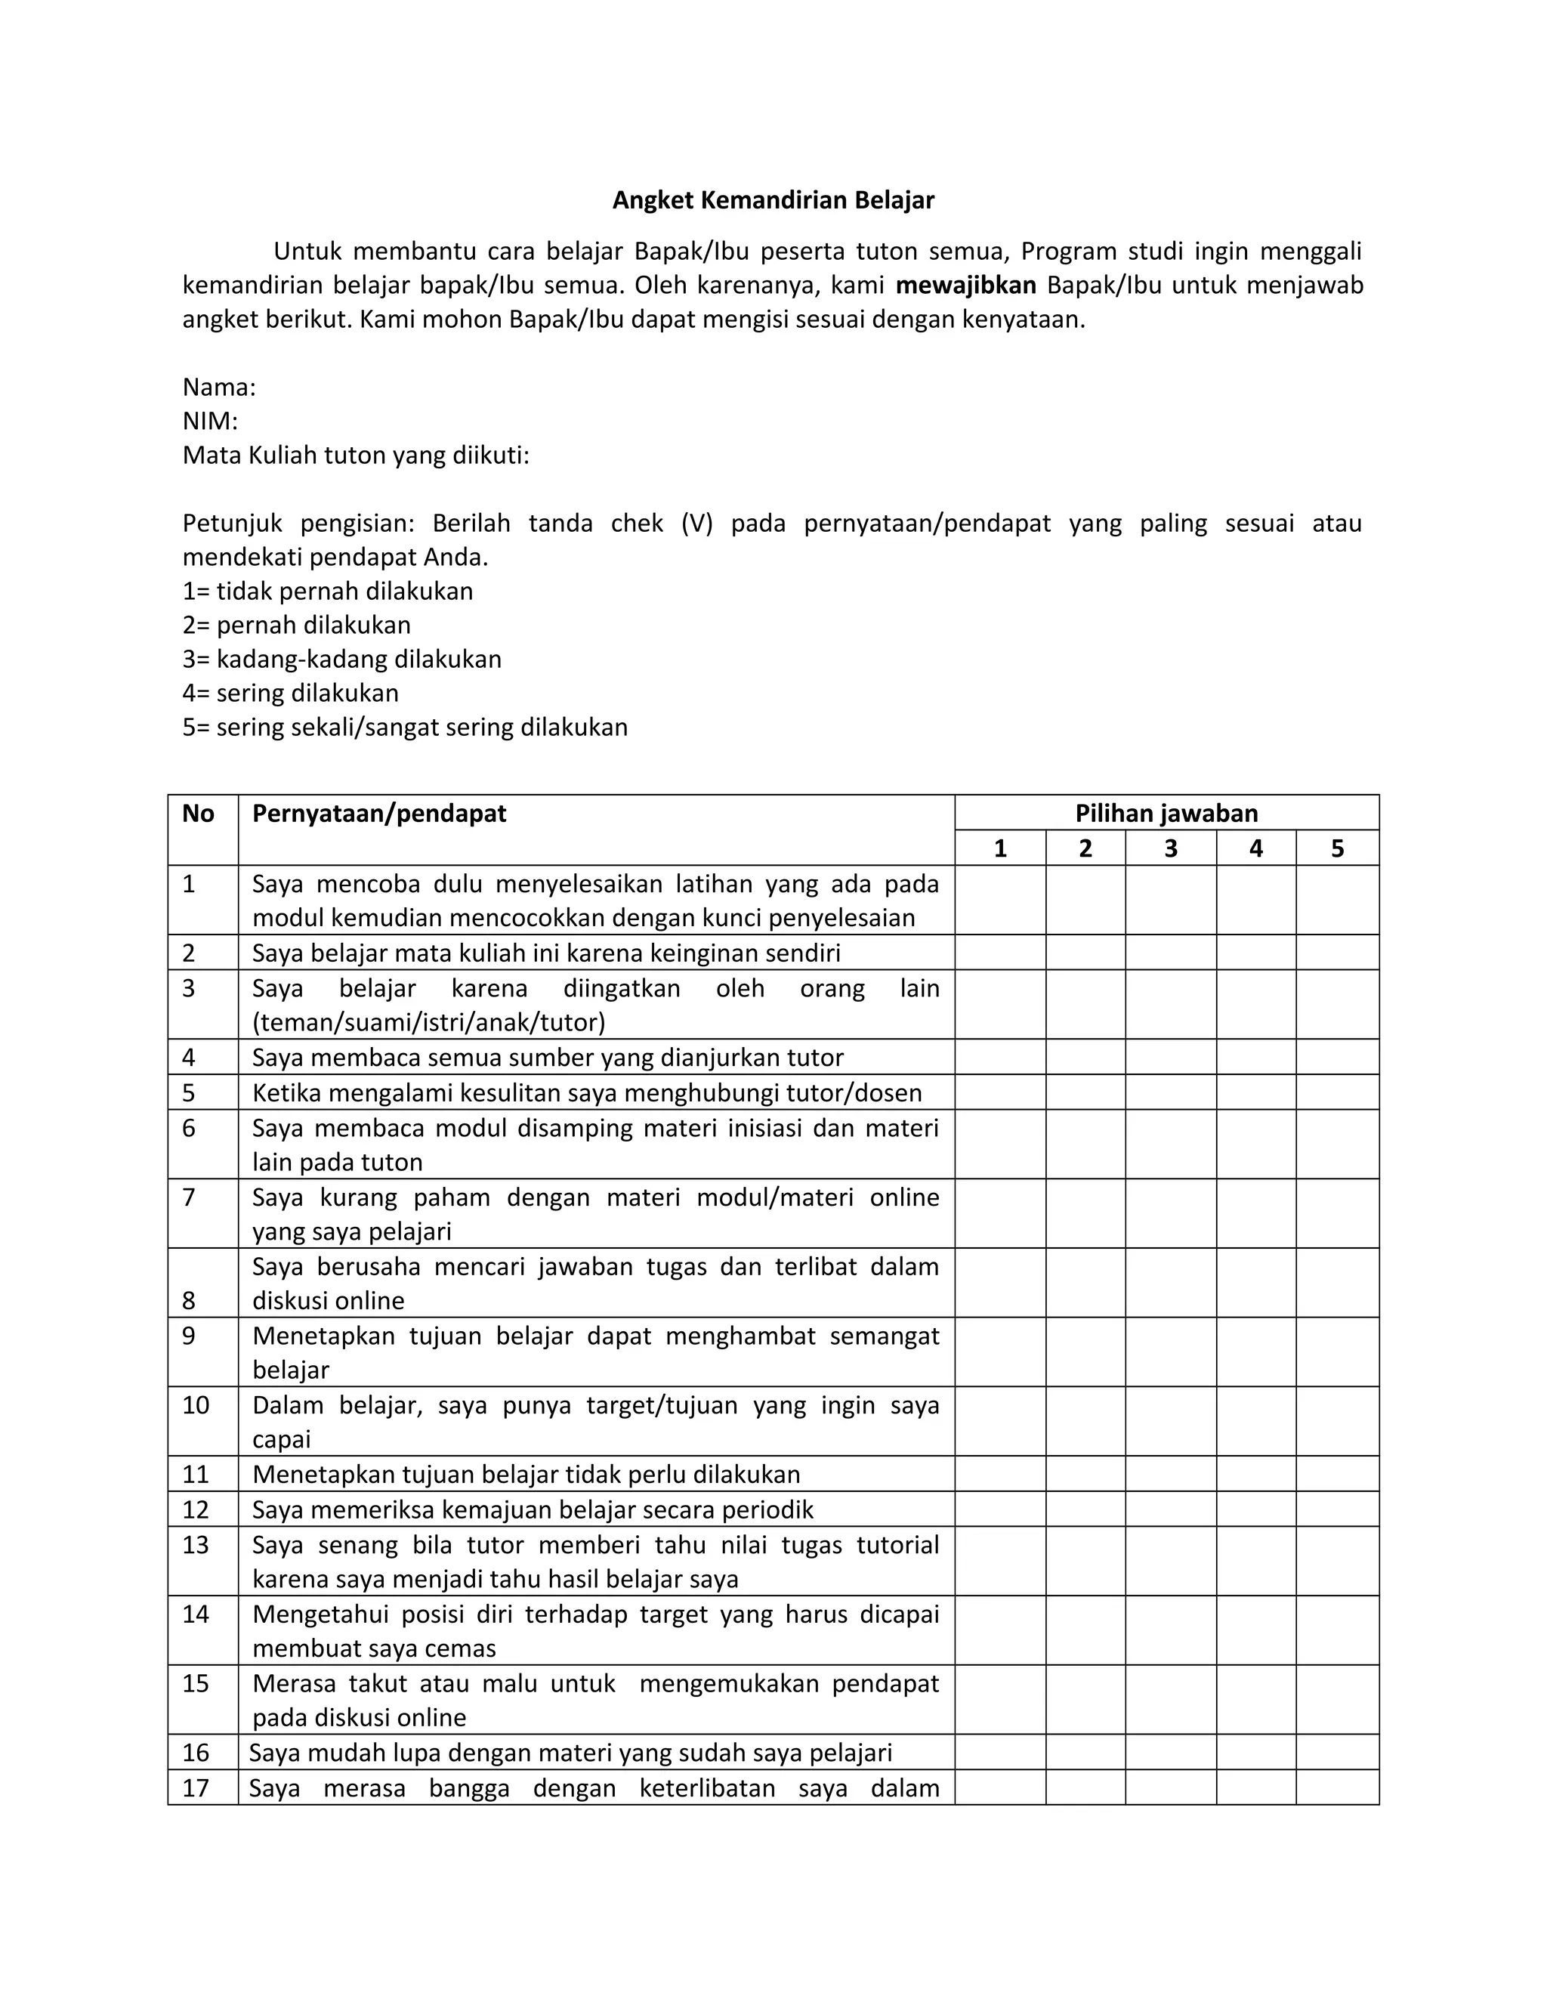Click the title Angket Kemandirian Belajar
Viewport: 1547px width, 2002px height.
tap(773, 201)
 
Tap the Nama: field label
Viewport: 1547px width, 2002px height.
tap(219, 387)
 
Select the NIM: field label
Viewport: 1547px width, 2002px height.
tap(210, 421)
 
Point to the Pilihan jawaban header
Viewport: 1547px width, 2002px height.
tap(1166, 813)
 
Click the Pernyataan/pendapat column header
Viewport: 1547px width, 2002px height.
tap(378, 813)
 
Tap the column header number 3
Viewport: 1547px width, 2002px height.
tap(1170, 849)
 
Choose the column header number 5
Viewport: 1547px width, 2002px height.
tap(1337, 849)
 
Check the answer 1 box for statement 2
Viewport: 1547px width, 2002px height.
tap(1000, 953)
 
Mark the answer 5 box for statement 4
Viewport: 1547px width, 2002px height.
tap(1337, 1058)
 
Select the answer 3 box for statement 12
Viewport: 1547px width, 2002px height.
tap(1170, 1509)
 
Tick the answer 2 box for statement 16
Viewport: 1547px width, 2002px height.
tap(1085, 1753)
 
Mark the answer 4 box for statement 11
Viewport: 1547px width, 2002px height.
tap(1255, 1474)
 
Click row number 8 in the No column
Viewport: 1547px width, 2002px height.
tap(189, 1300)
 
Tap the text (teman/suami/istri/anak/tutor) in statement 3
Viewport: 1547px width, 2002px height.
tap(429, 1022)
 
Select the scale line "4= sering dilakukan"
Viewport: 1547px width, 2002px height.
tap(291, 693)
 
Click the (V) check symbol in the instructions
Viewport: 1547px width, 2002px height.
tap(696, 524)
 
